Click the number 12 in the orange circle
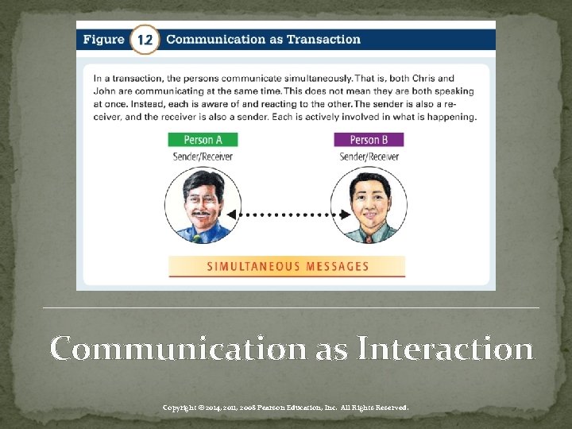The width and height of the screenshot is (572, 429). coord(145,39)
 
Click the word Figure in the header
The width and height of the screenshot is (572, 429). coord(104,39)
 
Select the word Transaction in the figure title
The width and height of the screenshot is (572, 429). coord(325,39)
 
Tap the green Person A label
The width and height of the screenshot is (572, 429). coord(203,140)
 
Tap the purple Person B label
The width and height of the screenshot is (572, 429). coord(369,140)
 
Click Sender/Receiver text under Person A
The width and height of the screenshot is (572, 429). coord(203,157)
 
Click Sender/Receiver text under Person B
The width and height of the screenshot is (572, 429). coord(369,157)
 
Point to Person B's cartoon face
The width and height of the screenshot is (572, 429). coord(369,203)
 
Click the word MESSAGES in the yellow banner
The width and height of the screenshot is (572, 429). coord(339,266)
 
